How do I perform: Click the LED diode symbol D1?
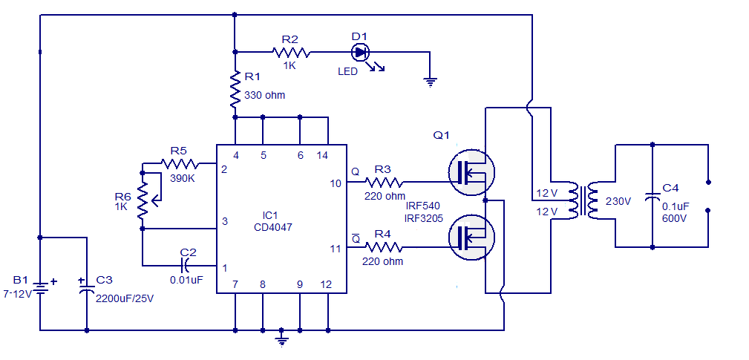(x=360, y=52)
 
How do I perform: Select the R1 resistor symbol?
(x=235, y=89)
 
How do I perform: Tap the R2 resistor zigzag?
(x=291, y=52)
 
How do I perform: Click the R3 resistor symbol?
(x=384, y=182)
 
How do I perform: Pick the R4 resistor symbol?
(x=384, y=247)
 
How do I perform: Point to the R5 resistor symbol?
(x=180, y=164)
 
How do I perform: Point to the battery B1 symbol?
(x=40, y=288)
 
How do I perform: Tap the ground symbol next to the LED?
(x=431, y=83)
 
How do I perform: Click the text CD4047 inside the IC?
(x=273, y=228)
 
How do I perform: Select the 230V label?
(x=618, y=201)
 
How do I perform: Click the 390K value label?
(x=182, y=179)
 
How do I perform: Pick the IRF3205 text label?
(x=424, y=218)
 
